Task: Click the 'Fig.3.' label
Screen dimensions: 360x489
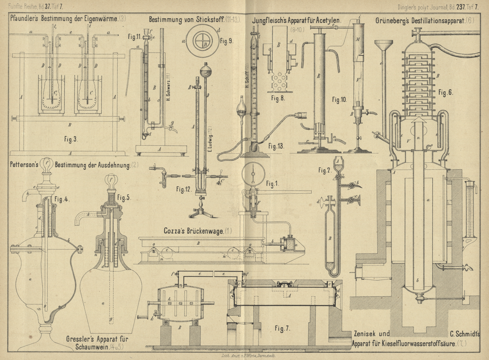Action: point(71,139)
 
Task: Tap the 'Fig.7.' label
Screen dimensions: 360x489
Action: point(282,328)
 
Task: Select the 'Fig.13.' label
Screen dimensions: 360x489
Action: point(276,146)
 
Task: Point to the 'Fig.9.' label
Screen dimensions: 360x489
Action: point(226,41)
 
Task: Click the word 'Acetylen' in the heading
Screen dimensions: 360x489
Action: point(329,21)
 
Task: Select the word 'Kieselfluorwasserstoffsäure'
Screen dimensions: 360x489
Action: point(417,343)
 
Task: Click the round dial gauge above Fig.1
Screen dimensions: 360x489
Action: point(253,174)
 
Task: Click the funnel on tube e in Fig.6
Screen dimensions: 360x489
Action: point(384,45)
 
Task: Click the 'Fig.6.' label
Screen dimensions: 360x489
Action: point(445,93)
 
